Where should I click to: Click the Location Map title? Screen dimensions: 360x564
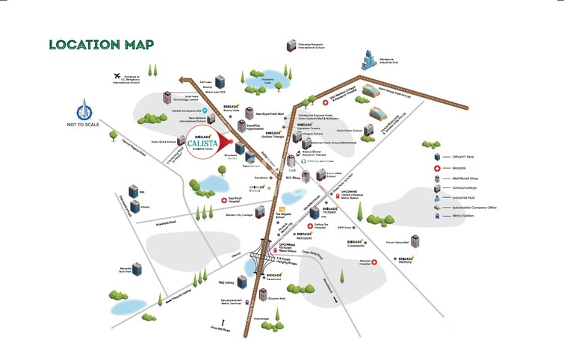tap(101, 44)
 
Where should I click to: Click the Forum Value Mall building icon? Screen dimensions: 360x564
tap(415, 241)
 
